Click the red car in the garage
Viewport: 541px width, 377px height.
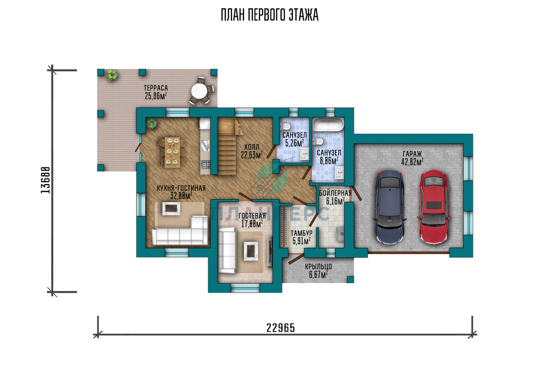click(434, 207)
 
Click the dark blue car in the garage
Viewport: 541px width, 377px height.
click(390, 207)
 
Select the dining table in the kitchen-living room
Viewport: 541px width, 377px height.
click(172, 152)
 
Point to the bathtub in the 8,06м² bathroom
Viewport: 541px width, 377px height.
click(329, 124)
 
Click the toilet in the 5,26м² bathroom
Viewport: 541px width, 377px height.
click(285, 126)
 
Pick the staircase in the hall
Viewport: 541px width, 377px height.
click(227, 147)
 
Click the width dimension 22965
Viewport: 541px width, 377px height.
click(280, 328)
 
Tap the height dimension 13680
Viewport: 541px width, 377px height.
click(46, 180)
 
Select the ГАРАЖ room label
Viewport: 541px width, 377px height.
click(412, 154)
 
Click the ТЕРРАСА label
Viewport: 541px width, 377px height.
click(156, 88)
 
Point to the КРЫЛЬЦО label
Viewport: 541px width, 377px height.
click(318, 267)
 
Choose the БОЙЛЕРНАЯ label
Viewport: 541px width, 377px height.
click(335, 193)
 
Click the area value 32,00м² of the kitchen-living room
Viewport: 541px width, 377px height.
click(181, 196)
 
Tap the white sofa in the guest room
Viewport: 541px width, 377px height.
click(227, 250)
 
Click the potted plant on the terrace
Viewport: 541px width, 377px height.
click(112, 75)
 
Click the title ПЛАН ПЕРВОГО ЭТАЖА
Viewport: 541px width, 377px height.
click(270, 15)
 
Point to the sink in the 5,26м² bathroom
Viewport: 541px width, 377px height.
click(304, 154)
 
